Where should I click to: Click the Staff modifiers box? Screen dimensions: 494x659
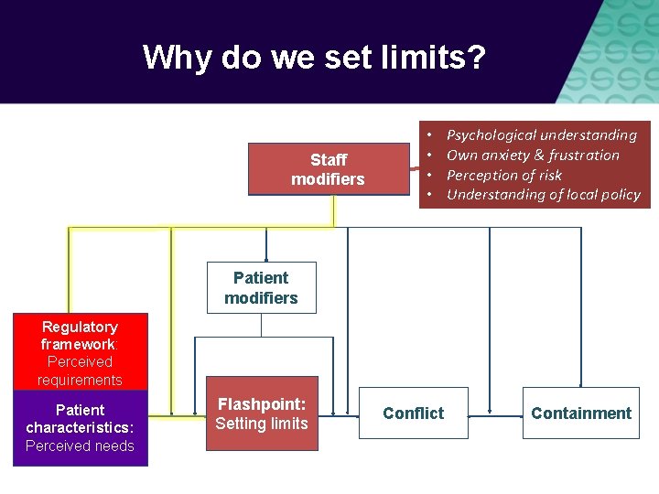point(327,169)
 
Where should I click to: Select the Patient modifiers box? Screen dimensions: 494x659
point(261,288)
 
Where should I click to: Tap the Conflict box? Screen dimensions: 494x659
point(413,413)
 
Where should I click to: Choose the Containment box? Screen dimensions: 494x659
point(580,413)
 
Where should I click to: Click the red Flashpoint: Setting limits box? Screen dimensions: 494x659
point(262,413)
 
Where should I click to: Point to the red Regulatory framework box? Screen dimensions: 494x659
point(80,353)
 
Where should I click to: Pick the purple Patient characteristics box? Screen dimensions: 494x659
point(80,428)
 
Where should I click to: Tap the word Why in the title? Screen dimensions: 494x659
point(175,59)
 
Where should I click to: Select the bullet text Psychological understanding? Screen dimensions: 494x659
point(541,135)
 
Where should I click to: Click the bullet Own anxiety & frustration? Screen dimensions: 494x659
point(533,156)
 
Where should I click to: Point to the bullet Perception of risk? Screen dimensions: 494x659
point(504,175)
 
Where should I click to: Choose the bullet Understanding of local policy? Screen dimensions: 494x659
point(544,194)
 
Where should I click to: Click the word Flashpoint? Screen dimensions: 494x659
point(262,403)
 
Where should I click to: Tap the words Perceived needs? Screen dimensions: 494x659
point(80,446)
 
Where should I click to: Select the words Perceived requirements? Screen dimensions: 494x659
point(80,370)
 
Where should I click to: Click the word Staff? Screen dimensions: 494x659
point(328,160)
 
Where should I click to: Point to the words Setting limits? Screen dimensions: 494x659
point(262,424)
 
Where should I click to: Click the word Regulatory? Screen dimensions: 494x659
point(80,328)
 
